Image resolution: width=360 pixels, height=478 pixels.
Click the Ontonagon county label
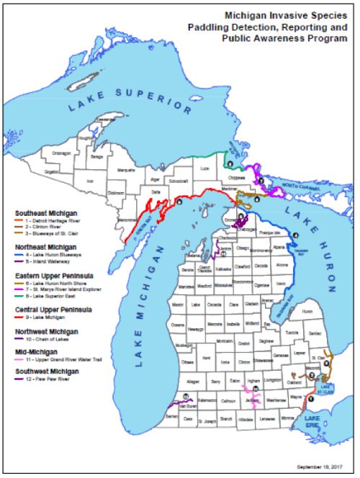pyautogui.click(x=60, y=151)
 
